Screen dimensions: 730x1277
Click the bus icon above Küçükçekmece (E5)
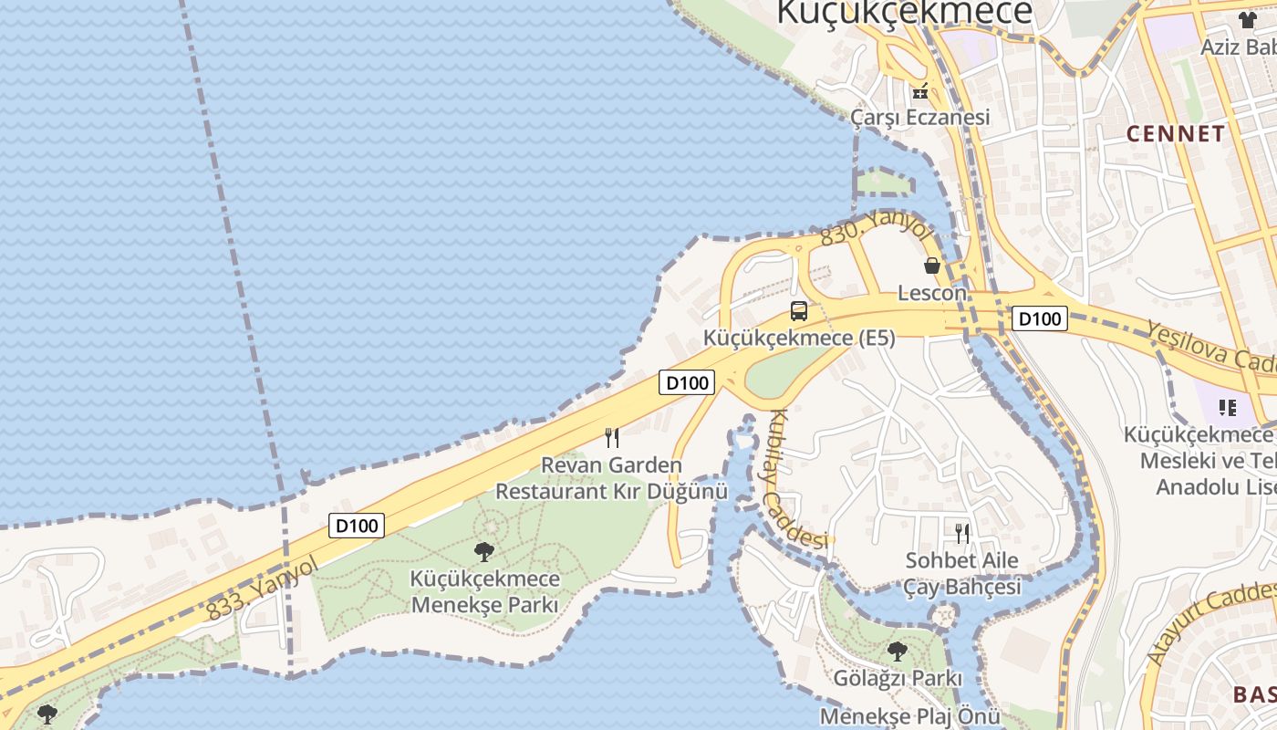799,311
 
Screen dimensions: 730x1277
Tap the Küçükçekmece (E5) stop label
799,338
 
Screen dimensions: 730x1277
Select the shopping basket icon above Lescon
932,266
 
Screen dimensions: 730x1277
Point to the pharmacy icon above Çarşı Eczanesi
920,91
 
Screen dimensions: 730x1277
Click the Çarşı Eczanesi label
920,118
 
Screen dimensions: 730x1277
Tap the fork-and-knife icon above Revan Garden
612,438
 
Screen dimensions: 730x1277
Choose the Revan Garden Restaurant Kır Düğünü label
612,478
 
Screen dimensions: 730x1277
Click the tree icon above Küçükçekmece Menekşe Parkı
484,551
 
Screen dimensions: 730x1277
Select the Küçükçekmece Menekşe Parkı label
484,591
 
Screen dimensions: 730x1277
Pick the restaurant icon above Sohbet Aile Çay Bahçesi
962,533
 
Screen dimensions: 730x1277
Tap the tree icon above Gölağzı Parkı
898,652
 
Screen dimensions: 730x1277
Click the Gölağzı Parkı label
898,679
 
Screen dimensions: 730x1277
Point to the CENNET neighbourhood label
1176,134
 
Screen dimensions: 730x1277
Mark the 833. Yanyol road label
263,589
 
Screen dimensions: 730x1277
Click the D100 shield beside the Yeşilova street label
1040,318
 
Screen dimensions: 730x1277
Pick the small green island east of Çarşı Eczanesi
883,182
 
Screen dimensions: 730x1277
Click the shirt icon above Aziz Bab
1248,20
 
